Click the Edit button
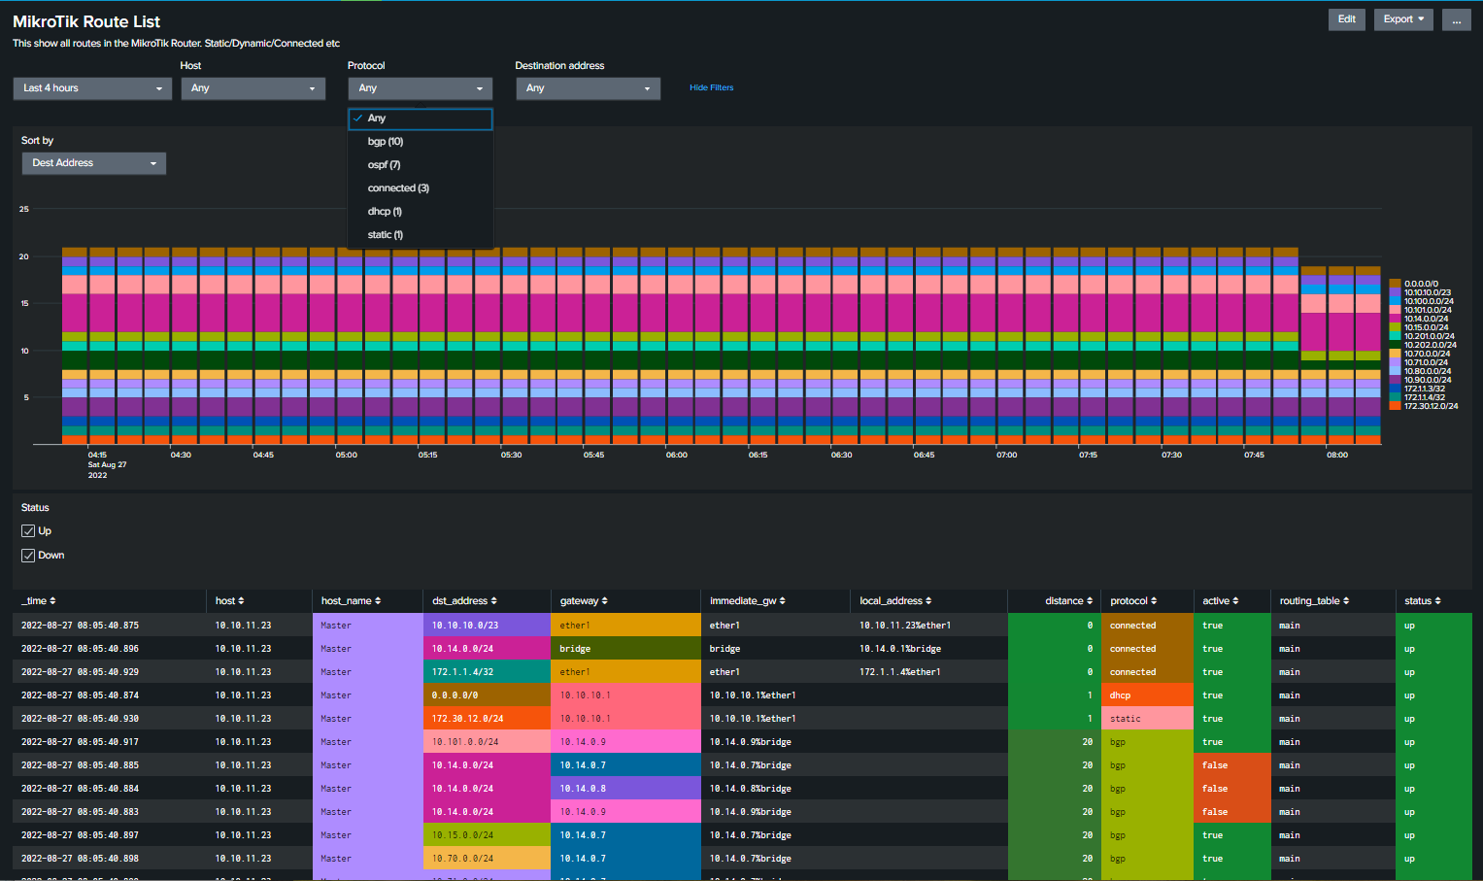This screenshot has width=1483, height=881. tap(1346, 19)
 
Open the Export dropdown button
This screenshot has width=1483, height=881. tap(1402, 19)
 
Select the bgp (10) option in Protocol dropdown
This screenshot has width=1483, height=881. tap(386, 142)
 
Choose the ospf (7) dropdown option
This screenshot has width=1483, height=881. tap(384, 165)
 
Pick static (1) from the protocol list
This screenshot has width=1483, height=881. tap(385, 235)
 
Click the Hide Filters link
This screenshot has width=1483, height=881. tap(711, 87)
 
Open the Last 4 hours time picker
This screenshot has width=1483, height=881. tap(92, 88)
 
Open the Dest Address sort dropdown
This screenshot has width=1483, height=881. tap(93, 163)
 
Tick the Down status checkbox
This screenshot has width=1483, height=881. tap(28, 556)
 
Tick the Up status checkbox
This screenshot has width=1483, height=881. tap(28, 531)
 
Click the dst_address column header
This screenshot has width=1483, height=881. tap(464, 601)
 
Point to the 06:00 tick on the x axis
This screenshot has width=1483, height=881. tap(676, 455)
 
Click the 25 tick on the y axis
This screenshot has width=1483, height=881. tap(24, 209)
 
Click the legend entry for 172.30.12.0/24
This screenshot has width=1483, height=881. tap(1430, 406)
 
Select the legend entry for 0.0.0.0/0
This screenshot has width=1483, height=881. tap(1420, 284)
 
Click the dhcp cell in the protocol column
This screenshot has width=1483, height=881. tap(1121, 695)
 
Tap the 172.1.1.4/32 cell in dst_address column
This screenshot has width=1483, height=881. tap(462, 672)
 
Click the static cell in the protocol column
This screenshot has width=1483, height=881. tap(1126, 719)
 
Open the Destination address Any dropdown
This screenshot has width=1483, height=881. tap(588, 88)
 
